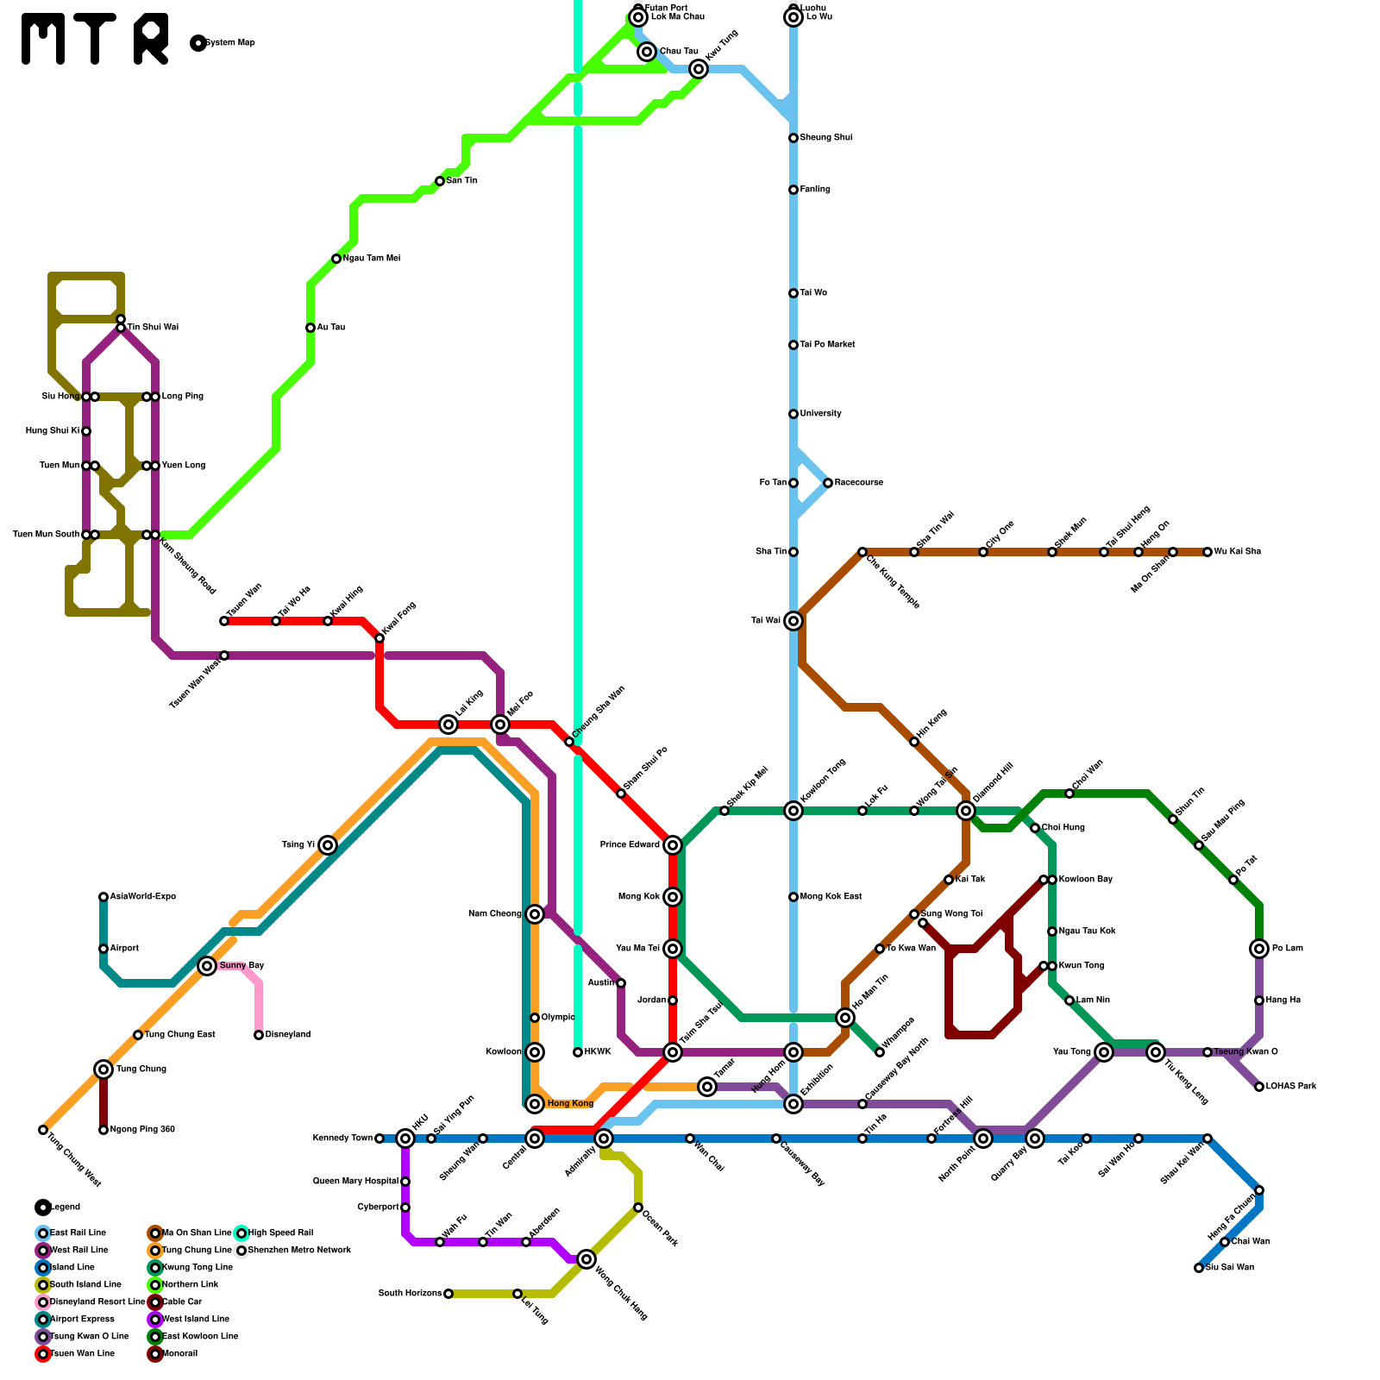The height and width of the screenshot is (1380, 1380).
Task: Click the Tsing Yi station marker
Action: (x=328, y=845)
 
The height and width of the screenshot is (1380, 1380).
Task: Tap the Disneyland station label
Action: (x=287, y=1035)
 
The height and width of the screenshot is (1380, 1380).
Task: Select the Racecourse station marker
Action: (x=828, y=483)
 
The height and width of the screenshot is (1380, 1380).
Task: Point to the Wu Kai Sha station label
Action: (x=1237, y=552)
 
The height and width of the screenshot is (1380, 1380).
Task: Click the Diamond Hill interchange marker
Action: (x=966, y=811)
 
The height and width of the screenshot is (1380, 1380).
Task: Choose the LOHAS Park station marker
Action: (x=1259, y=1087)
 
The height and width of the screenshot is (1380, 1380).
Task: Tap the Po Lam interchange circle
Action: (x=1259, y=949)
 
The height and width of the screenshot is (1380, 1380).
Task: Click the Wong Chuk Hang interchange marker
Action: (x=586, y=1259)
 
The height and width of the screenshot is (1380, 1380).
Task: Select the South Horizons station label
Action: (x=410, y=1294)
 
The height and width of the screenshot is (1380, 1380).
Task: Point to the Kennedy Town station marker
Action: (x=379, y=1138)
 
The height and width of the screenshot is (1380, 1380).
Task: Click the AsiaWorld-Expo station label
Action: (x=142, y=897)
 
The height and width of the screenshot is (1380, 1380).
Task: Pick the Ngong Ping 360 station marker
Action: (x=103, y=1130)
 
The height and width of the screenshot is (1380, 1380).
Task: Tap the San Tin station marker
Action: (x=440, y=181)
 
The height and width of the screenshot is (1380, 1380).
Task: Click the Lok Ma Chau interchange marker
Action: (x=638, y=17)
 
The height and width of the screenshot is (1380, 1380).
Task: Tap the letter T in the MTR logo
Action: (x=95, y=39)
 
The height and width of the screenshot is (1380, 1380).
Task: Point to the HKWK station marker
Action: (x=578, y=1052)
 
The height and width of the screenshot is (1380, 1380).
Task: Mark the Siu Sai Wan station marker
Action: (x=1199, y=1268)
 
